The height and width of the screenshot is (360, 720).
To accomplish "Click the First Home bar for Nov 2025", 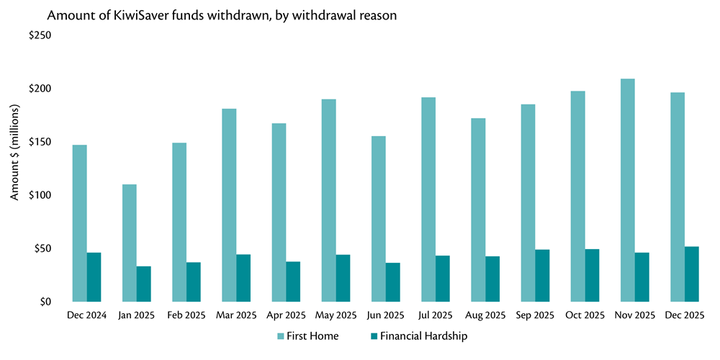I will [x=627, y=190].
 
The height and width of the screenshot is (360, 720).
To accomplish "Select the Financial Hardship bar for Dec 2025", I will [x=691, y=274].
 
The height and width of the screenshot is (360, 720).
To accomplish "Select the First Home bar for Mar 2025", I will [x=229, y=205].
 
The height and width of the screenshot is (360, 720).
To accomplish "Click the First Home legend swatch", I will [x=282, y=336].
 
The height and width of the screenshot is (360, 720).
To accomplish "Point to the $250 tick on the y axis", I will [x=40, y=35].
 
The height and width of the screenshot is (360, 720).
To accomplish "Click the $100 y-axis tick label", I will [x=40, y=195].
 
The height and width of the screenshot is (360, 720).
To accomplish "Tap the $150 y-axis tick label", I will [x=40, y=142].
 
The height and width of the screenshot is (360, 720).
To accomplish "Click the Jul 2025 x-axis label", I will [x=435, y=315].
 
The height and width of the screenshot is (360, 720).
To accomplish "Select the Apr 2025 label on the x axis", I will [x=286, y=315].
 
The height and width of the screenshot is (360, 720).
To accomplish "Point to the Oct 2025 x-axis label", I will [x=585, y=315].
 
